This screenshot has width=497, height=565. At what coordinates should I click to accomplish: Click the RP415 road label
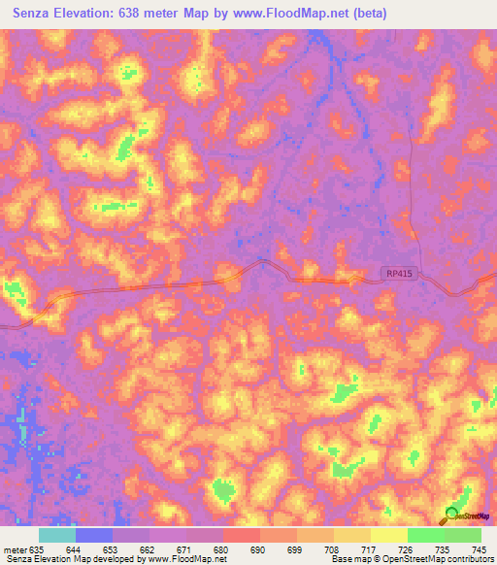pyautogui.click(x=398, y=275)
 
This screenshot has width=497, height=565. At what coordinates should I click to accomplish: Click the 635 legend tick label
pyautogui.click(x=38, y=549)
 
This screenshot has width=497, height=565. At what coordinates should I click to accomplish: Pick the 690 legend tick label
pyautogui.click(x=258, y=549)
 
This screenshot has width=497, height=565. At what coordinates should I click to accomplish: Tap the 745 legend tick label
pyautogui.click(x=479, y=549)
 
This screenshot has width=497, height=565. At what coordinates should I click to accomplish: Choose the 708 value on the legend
pyautogui.click(x=332, y=549)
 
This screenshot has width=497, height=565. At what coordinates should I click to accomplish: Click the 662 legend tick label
pyautogui.click(x=149, y=549)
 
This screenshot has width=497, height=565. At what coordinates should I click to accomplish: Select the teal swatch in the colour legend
pyautogui.click(x=57, y=535)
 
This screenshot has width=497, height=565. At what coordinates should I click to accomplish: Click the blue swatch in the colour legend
pyautogui.click(x=94, y=535)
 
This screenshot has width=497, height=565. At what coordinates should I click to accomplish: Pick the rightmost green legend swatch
pyautogui.click(x=463, y=535)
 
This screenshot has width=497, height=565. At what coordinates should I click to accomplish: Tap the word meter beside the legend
pyautogui.click(x=14, y=549)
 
